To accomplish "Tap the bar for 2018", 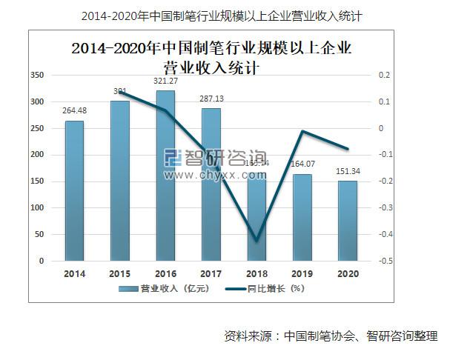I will (257, 215).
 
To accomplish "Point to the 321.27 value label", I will (165, 81).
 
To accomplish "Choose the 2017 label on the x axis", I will (211, 273).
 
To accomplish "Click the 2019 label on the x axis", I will (302, 273).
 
